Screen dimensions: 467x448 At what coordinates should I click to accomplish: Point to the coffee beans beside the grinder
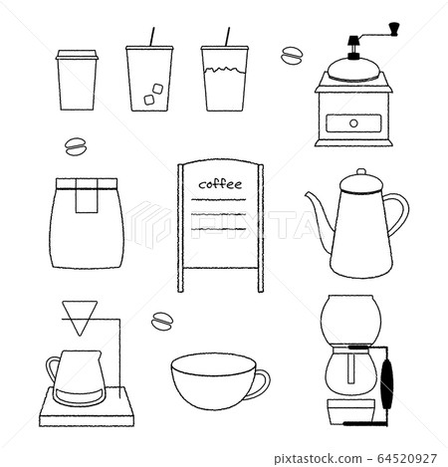[294, 55]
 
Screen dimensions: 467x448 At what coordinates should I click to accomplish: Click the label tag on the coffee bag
[86, 197]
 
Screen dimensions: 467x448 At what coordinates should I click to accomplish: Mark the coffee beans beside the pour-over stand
[160, 320]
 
